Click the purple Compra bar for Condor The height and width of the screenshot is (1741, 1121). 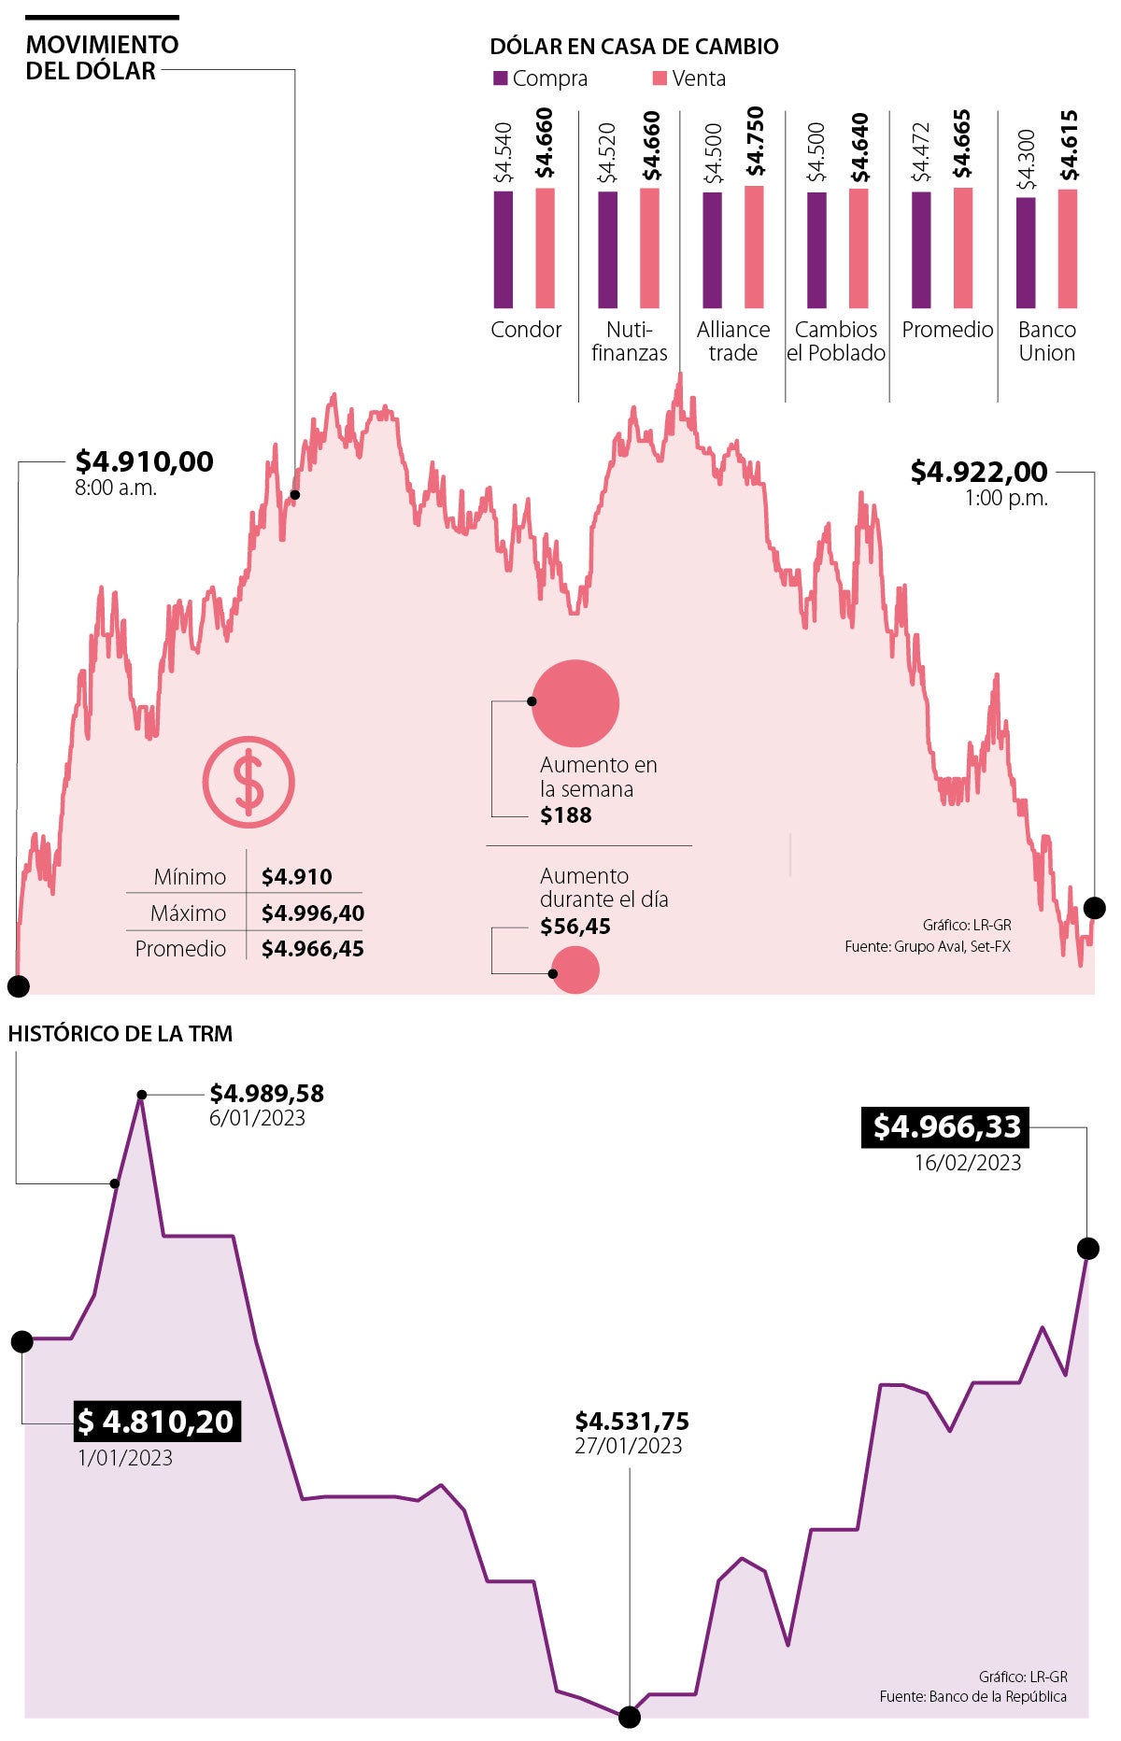[503, 249]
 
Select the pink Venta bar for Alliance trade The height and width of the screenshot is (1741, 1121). [754, 247]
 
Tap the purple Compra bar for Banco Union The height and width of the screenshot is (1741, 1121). [1026, 252]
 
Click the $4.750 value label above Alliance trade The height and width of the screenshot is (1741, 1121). [755, 142]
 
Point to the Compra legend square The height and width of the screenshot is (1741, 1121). [500, 78]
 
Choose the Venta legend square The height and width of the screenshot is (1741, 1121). [659, 78]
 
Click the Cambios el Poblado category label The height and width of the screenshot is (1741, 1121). [836, 341]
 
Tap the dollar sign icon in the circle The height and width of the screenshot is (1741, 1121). [248, 782]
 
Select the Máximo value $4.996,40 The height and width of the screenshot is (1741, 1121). [312, 913]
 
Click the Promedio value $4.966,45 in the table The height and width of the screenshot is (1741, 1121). [312, 949]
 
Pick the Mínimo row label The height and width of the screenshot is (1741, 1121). [190, 877]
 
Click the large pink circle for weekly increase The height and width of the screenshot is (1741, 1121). [575, 703]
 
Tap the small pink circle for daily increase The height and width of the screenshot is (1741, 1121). [575, 970]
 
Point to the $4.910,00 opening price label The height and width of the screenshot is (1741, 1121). [144, 461]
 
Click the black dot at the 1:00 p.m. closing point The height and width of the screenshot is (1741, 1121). [1095, 907]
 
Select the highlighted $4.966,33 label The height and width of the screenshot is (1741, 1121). [945, 1127]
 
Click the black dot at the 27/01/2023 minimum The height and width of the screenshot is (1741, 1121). [630, 1717]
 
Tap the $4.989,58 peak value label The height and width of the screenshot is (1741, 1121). [266, 1093]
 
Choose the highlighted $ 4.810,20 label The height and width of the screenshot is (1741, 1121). [157, 1422]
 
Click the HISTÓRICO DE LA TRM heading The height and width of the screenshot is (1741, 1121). [121, 1034]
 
